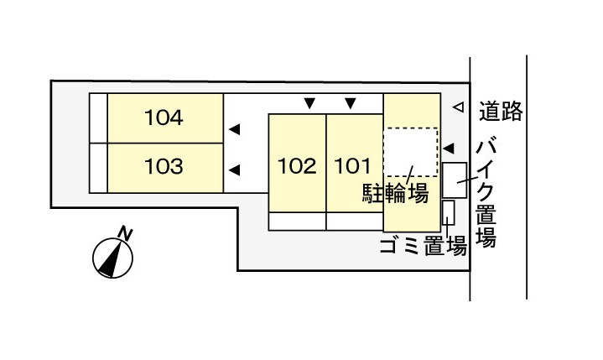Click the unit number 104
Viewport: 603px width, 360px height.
click(164, 117)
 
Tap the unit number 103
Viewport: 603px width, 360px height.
click(164, 166)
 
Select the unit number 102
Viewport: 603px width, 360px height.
click(297, 166)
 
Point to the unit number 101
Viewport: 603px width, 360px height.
click(353, 166)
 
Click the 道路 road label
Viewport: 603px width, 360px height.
click(501, 110)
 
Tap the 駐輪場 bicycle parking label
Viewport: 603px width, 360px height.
click(395, 194)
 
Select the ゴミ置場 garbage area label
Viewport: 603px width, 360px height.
click(423, 246)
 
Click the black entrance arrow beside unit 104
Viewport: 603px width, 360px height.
click(235, 129)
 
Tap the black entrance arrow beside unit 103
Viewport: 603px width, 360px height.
click(235, 169)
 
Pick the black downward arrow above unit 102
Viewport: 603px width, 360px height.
click(309, 104)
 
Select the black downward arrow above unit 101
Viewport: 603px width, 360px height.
click(351, 104)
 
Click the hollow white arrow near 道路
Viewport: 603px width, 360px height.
click(457, 107)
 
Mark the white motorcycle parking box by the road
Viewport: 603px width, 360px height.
click(455, 178)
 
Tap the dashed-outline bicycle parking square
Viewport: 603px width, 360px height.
click(410, 153)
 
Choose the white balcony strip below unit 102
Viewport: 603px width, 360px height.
click(297, 222)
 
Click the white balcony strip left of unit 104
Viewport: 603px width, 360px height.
click(98, 118)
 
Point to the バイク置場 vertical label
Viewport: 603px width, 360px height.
click(486, 194)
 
